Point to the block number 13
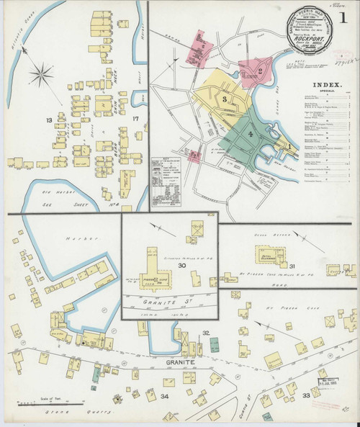click(48, 119)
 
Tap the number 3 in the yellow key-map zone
click(225, 98)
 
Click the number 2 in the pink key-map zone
click(259, 71)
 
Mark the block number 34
click(164, 396)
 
